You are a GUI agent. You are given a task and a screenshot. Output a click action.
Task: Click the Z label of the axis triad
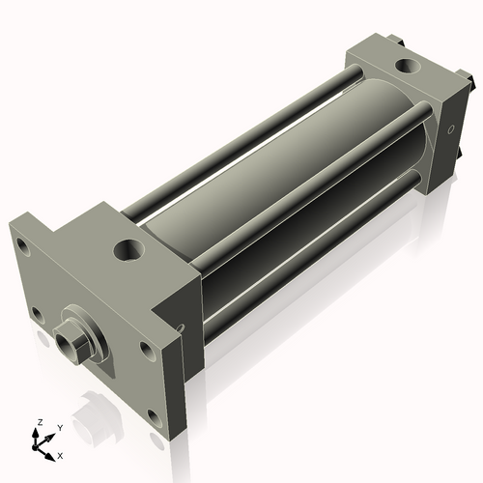40,422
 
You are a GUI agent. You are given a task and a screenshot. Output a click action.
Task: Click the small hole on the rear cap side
450,128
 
